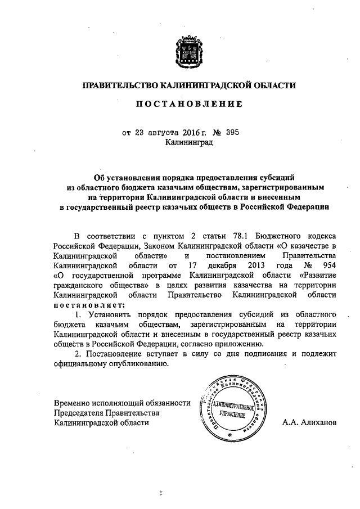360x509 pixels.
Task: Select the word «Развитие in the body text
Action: coord(318,274)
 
